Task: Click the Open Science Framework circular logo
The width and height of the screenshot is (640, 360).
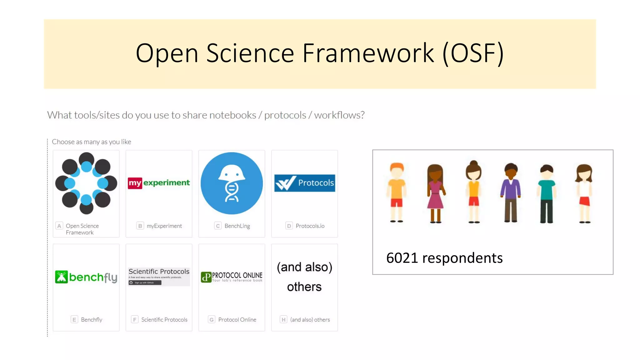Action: click(86, 183)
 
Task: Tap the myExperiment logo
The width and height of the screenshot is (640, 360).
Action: click(159, 183)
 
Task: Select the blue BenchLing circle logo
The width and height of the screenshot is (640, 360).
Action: click(232, 183)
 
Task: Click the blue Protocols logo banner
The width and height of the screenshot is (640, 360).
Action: click(305, 183)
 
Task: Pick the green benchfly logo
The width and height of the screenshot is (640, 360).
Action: click(86, 277)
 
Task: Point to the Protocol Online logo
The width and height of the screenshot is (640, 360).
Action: click(232, 277)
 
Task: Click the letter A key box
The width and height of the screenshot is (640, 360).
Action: click(59, 226)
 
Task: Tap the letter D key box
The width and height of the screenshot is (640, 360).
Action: click(289, 226)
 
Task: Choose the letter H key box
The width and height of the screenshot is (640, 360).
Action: click(283, 319)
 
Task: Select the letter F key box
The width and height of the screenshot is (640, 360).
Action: click(135, 319)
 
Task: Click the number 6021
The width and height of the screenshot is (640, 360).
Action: click(402, 258)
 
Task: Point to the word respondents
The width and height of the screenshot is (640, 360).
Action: click(462, 258)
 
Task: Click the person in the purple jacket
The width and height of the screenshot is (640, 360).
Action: click(511, 192)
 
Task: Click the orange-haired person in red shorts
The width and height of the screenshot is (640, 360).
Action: click(397, 192)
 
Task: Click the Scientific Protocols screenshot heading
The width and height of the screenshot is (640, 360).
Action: click(159, 271)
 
